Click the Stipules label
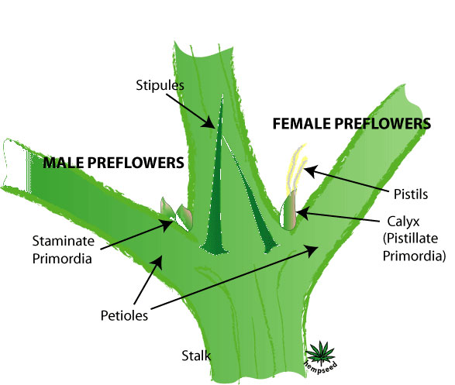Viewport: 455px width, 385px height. (160, 85)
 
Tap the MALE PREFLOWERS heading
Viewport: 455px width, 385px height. (113, 163)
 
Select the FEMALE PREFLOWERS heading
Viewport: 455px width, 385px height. (352, 123)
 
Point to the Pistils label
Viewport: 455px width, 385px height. (411, 194)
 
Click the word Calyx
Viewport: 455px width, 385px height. (403, 222)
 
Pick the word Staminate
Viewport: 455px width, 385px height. (64, 241)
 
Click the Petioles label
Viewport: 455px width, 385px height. (124, 315)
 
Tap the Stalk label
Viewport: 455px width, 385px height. (196, 356)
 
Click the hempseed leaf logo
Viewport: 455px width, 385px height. (322, 357)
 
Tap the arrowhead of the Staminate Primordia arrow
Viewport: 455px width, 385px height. (167, 225)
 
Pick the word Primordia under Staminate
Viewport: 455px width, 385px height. (62, 258)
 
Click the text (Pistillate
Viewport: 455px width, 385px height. (410, 239)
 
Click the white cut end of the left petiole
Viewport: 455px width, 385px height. (16, 165)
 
